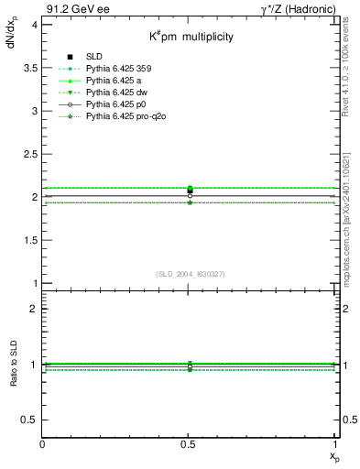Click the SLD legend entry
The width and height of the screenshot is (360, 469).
pos(93,57)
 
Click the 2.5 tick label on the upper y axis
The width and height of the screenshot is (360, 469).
pos(30,154)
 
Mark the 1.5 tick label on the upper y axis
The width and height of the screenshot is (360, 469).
pos(30,240)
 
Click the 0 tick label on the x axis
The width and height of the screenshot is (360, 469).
pos(42,444)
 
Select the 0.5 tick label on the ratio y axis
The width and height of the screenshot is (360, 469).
pos(30,420)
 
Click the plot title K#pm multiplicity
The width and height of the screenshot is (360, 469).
pos(192,37)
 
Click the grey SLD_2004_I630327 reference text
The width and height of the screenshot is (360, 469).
pos(190,274)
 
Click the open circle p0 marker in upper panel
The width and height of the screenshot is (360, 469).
pos(190,195)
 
